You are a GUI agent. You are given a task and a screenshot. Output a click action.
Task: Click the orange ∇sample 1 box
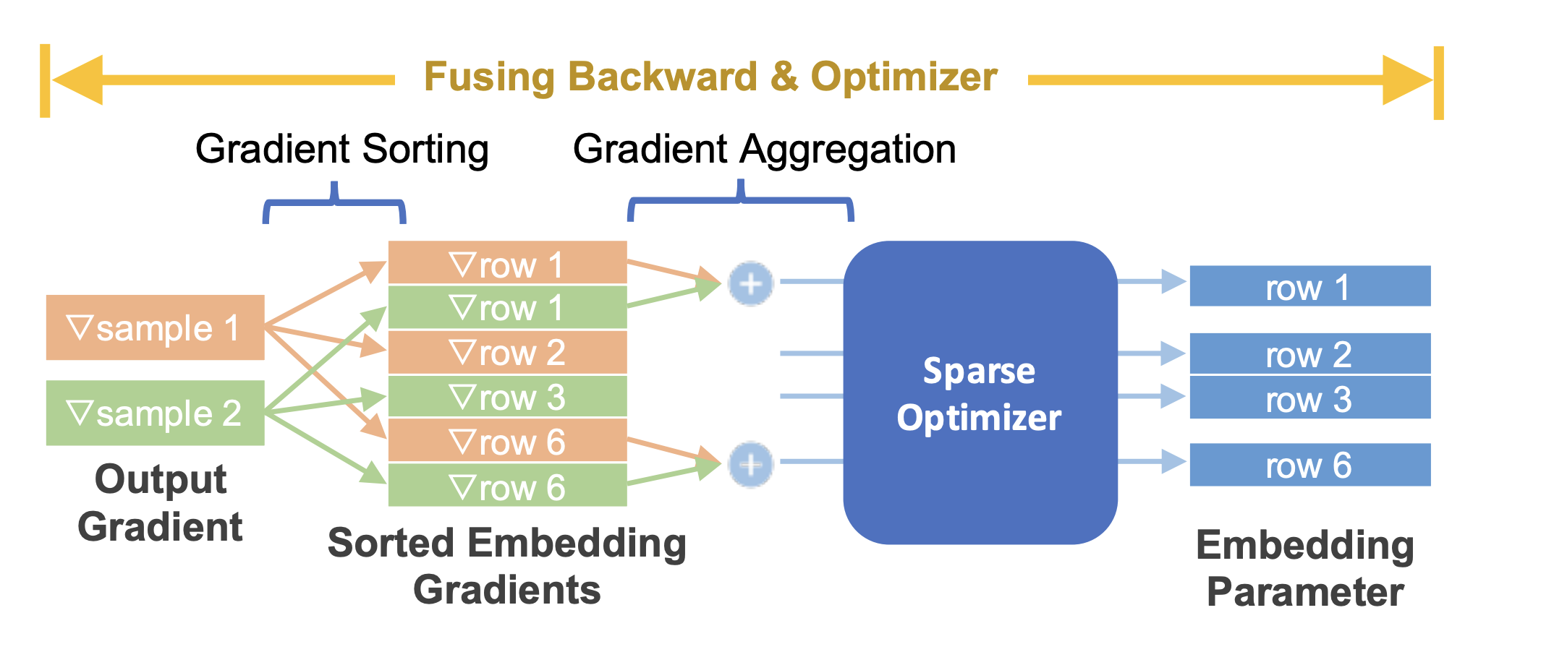(x=155, y=327)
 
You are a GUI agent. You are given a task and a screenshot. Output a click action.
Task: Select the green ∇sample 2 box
(x=155, y=413)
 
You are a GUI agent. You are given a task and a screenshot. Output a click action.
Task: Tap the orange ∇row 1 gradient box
(x=507, y=262)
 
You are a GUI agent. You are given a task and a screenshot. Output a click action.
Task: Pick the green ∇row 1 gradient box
(x=507, y=307)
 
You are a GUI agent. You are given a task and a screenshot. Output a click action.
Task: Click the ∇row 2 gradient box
(x=507, y=352)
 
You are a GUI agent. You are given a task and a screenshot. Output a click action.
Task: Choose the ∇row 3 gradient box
(x=507, y=397)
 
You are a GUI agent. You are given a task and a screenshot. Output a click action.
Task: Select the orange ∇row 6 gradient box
(x=507, y=441)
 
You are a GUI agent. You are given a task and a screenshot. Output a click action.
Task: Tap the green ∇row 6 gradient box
(x=507, y=486)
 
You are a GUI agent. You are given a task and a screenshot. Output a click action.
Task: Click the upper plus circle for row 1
(x=750, y=283)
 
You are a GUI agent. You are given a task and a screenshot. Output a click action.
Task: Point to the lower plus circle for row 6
(x=750, y=464)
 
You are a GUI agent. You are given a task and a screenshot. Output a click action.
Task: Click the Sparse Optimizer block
(x=980, y=393)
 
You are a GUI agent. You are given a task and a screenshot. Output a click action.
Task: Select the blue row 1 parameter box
(x=1309, y=286)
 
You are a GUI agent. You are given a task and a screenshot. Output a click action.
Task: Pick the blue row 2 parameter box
(x=1309, y=353)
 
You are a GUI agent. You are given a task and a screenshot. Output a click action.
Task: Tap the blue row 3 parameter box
(x=1309, y=398)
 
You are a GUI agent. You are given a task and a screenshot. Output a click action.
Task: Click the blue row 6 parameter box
(x=1309, y=465)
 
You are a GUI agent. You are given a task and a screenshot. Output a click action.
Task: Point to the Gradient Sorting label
(x=341, y=149)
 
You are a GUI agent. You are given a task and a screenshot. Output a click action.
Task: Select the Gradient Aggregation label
(x=764, y=149)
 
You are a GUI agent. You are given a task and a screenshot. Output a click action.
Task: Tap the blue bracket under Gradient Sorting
(x=334, y=203)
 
